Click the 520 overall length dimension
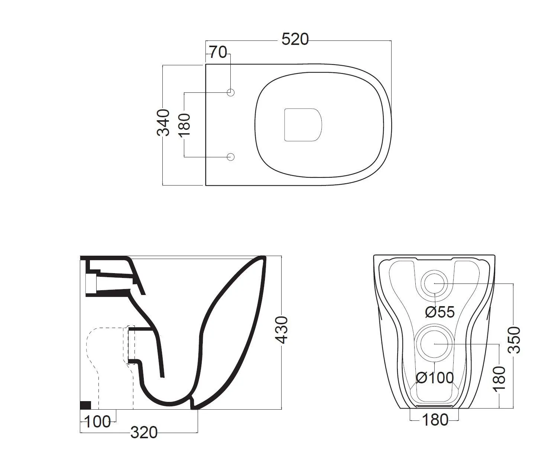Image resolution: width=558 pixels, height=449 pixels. coord(295,39)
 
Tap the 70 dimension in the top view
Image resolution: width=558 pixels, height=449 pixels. coord(218,53)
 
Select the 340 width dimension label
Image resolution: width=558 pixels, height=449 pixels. coord(163,122)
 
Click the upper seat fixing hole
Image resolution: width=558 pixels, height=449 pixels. coord(231,92)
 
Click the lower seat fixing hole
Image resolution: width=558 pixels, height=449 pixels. coord(231,157)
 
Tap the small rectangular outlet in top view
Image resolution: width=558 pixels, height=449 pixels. coord(302,125)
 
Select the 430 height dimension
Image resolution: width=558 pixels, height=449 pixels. coord(282,330)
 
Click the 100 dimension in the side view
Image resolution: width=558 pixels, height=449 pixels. coord(98,422)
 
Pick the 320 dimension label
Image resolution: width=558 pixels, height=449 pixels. coord(144,433)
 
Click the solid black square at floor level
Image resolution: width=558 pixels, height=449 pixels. coord(86,405)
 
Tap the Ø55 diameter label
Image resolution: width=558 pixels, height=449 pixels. coord(440,312)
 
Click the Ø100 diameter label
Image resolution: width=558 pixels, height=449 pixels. coord(435,378)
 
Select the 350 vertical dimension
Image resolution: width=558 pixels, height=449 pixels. coord(515,340)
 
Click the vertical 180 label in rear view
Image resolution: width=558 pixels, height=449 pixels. coord(500,378)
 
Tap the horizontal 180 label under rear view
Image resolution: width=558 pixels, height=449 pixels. coord(435,420)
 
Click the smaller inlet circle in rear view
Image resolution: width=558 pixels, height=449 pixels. coord(434,283)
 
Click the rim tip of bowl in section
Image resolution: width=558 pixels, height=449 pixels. coord(263,258)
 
